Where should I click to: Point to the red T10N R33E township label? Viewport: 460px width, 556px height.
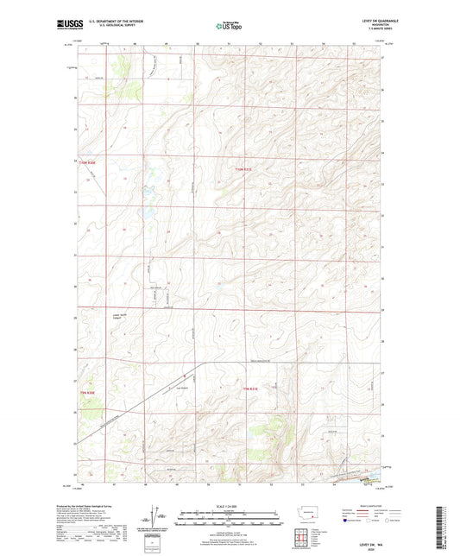245,169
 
